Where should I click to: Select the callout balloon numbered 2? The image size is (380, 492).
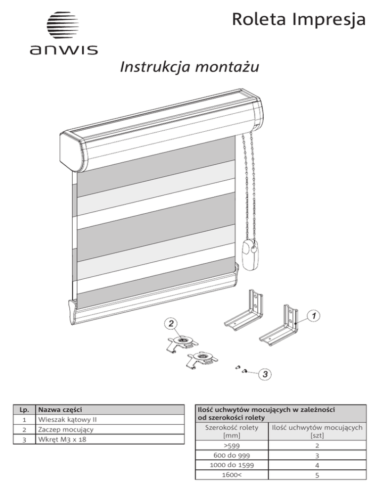click(169, 323)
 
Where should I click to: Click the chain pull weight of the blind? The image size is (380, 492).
click(249, 253)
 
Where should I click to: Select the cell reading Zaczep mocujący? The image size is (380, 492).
click(62, 429)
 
